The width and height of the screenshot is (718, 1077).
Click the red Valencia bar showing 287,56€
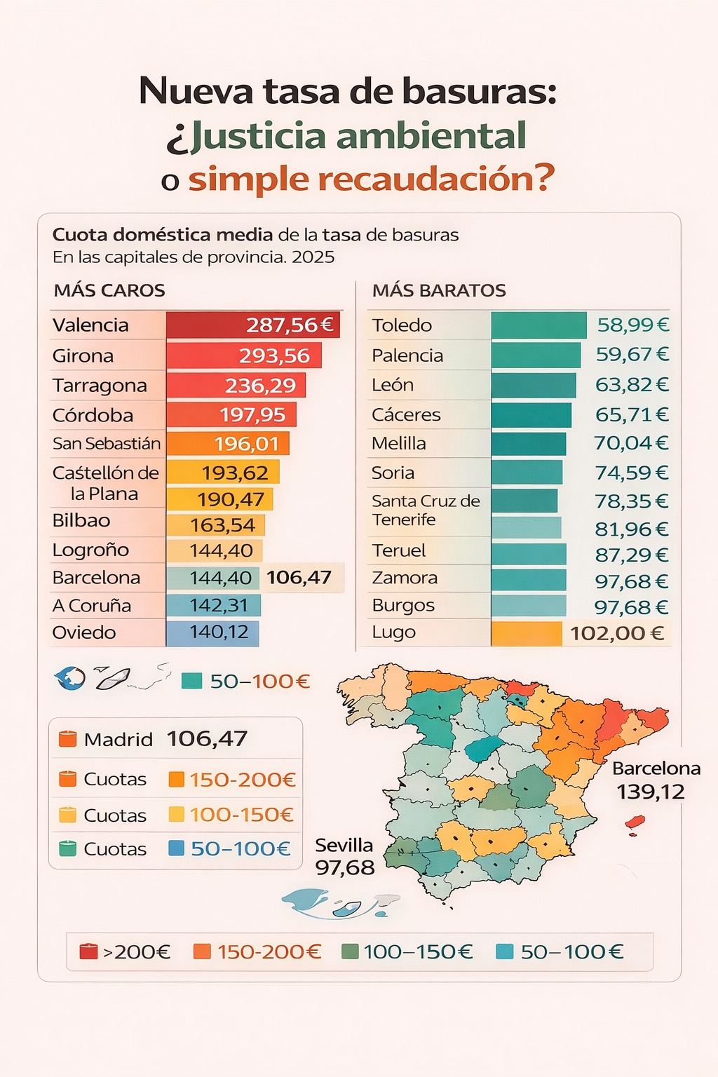click(253, 325)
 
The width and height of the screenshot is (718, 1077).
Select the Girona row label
click(83, 356)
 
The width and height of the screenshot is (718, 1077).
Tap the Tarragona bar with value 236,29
click(236, 386)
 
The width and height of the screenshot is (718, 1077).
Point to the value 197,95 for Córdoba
click(252, 415)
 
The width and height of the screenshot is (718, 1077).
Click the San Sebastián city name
click(107, 444)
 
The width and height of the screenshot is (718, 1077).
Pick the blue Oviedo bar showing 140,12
click(212, 632)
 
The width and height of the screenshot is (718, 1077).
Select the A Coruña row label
click(92, 606)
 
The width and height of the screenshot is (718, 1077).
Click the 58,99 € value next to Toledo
click(632, 325)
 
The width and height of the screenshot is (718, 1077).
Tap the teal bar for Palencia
click(536, 355)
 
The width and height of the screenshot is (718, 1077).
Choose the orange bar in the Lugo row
click(526, 633)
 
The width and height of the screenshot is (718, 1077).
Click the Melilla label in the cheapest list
click(398, 444)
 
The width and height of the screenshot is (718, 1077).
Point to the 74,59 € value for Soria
click(631, 473)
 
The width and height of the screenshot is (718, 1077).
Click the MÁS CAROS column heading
click(109, 291)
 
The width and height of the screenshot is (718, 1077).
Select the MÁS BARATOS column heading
click(439, 291)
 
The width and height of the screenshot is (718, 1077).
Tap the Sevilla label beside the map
click(344, 846)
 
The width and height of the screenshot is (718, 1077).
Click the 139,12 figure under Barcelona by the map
click(650, 792)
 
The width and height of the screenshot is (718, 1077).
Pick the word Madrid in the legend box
click(118, 740)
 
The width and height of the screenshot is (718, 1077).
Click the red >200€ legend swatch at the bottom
click(88, 951)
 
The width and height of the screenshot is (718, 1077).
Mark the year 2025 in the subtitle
click(313, 257)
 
